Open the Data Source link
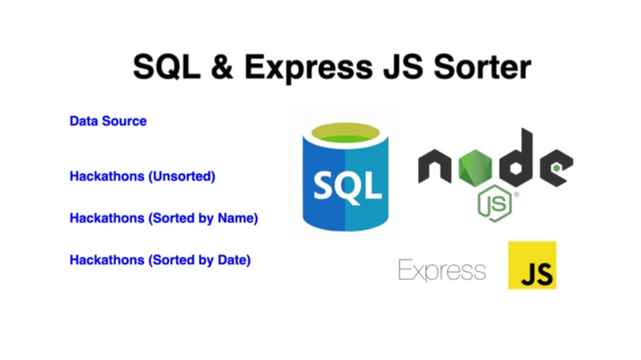point(108,122)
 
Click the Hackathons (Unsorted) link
point(142,176)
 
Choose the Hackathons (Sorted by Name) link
point(164,217)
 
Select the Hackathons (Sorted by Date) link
point(160,259)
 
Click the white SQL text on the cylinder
point(347,188)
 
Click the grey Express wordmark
point(441,270)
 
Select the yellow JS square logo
point(532,265)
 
